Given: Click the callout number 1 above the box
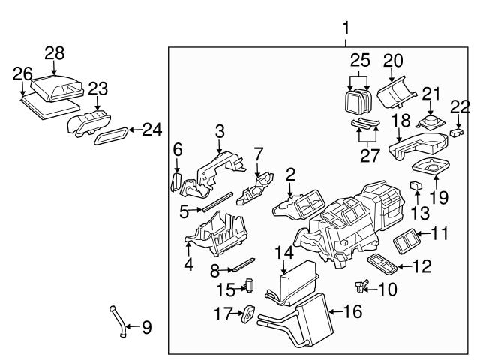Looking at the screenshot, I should (x=346, y=28).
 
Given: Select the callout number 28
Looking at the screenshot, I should (x=55, y=52).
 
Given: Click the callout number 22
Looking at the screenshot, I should (x=455, y=108).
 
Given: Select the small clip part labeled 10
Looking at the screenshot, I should (x=364, y=285).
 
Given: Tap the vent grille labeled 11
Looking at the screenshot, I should (x=407, y=240).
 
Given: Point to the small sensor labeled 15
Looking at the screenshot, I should (x=250, y=286).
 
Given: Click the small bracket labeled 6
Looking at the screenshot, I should (x=177, y=182).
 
